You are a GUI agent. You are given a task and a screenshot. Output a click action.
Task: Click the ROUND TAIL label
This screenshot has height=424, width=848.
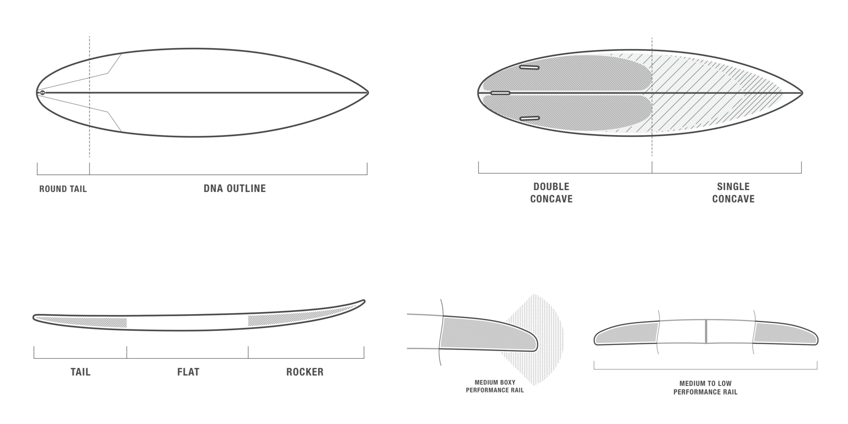pos(63,189)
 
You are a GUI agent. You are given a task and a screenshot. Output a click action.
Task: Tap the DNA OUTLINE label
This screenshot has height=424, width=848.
pos(235,188)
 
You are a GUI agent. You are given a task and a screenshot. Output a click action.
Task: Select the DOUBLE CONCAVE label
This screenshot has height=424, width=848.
pos(551,193)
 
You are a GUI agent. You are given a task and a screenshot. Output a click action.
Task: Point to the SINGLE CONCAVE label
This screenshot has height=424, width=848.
pos(733,193)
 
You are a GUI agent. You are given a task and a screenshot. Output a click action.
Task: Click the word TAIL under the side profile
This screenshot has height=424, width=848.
pos(80,372)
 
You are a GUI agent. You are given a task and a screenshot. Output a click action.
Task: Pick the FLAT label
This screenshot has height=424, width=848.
pos(188,372)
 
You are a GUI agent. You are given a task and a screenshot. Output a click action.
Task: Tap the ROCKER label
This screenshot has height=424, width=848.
pos(305,372)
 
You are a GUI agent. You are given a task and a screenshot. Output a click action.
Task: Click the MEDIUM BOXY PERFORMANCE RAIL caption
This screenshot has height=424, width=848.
pos(495,386)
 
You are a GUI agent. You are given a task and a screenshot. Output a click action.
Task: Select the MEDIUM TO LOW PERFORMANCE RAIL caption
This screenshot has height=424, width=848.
pos(705,388)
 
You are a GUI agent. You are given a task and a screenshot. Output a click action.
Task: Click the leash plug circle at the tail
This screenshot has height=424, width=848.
pos(42,93)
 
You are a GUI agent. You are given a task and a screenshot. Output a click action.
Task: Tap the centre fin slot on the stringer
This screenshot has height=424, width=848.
pos(500,93)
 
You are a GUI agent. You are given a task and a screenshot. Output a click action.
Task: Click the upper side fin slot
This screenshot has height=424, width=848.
pos(529,67)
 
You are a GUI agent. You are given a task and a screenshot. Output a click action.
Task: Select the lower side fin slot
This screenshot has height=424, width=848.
pos(529,119)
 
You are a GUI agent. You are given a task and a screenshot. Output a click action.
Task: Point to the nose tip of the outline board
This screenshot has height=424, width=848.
pos(368,93)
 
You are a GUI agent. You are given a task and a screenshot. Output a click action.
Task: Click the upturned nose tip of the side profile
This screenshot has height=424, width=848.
pos(364,301)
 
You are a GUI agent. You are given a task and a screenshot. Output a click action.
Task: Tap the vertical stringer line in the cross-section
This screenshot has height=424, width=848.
pos(706,331)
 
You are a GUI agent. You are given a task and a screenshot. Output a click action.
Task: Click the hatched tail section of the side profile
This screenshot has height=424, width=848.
pos(81,322)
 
